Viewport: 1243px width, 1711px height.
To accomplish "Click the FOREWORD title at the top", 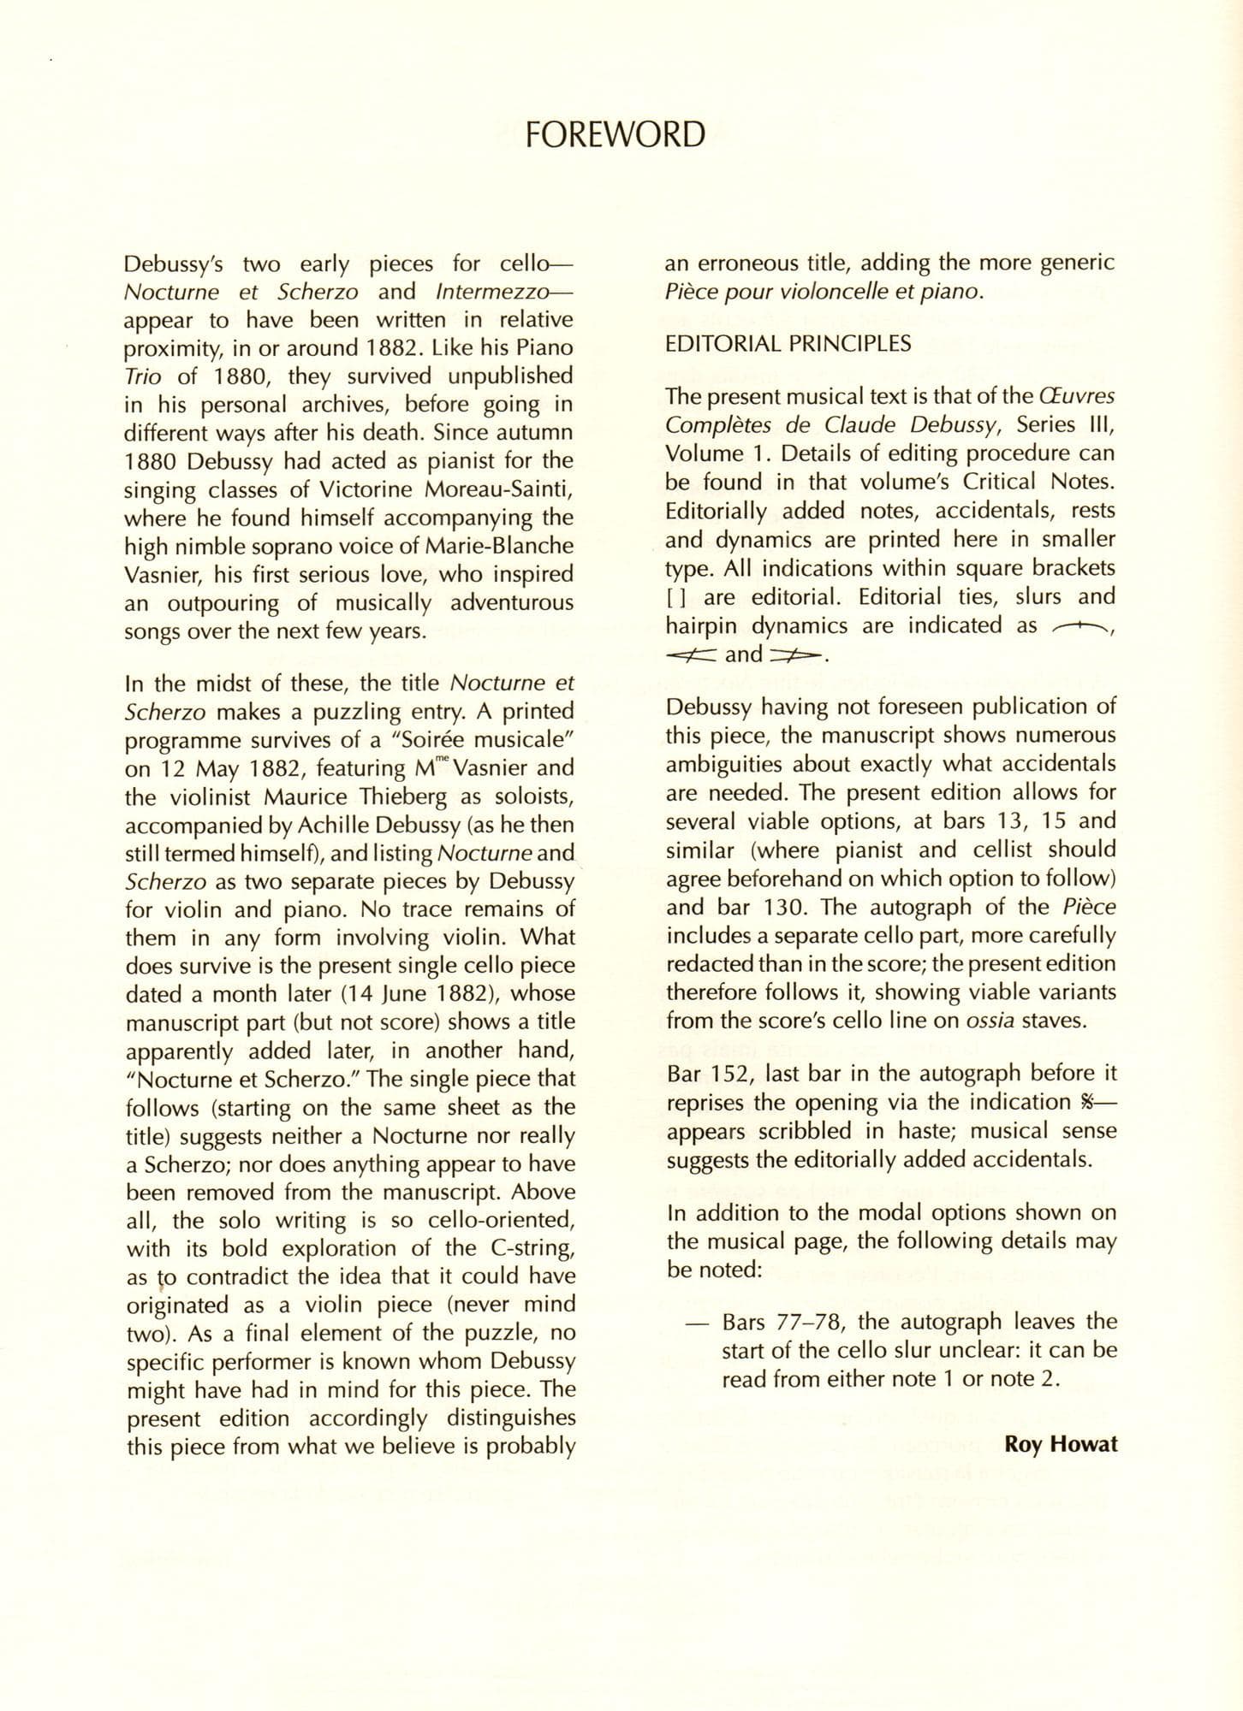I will pyautogui.click(x=616, y=135).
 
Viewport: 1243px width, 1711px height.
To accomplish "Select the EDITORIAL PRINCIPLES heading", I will pyautogui.click(x=788, y=344).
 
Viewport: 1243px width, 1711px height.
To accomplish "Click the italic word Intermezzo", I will pyautogui.click(x=497, y=292).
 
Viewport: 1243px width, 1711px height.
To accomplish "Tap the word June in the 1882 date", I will pyautogui.click(x=401, y=994).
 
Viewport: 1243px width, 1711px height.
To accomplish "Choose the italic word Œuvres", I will pyautogui.click(x=1076, y=397).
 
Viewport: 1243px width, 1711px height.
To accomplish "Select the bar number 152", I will pyautogui.click(x=729, y=1074).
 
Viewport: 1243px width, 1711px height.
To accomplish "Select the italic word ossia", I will pyautogui.click(x=990, y=1021).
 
